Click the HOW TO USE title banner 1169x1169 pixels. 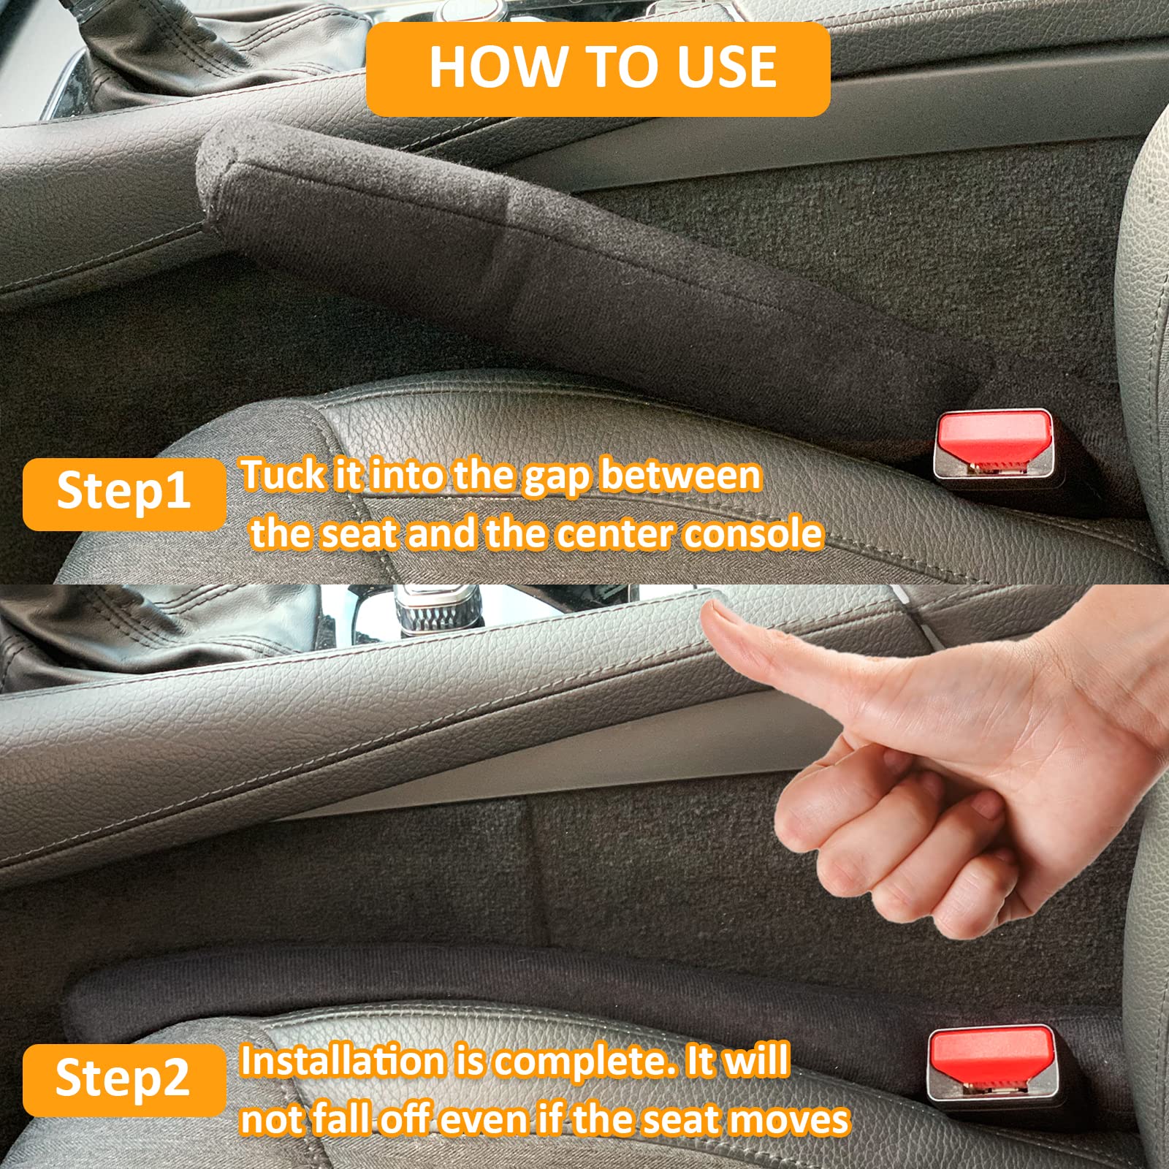598,69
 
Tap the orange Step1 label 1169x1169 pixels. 123,492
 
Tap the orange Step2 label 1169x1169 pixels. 123,1078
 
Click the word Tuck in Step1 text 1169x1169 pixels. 284,476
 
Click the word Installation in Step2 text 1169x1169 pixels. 342,1062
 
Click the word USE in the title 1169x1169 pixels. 726,68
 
